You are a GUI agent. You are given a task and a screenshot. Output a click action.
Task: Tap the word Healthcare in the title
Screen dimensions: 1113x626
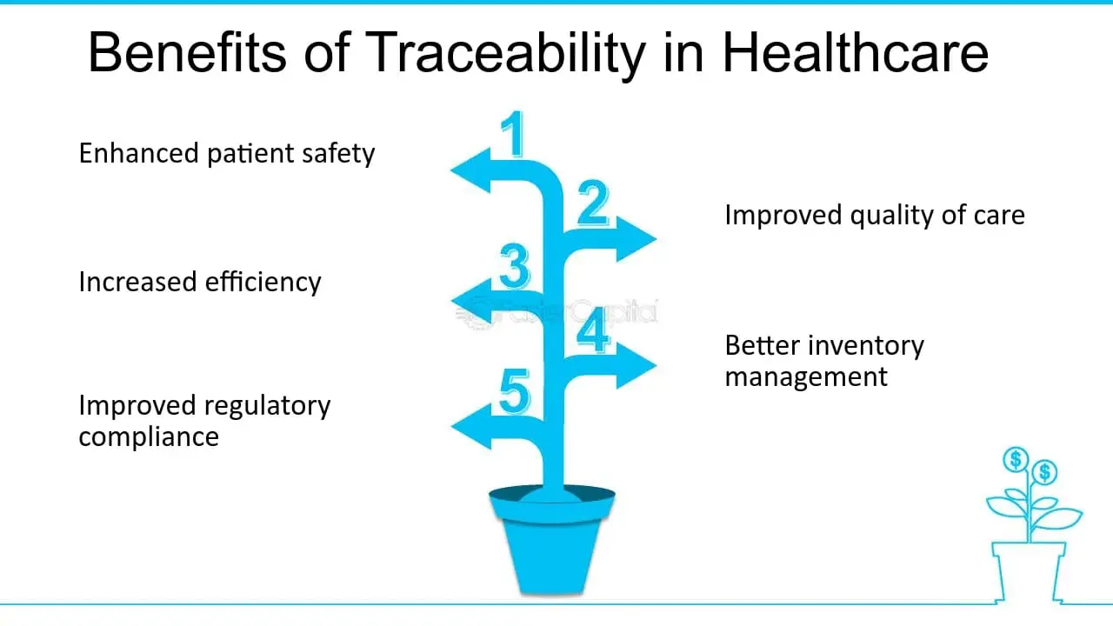pyautogui.click(x=855, y=52)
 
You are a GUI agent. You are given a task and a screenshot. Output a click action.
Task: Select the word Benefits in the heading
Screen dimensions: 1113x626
pyautogui.click(x=187, y=52)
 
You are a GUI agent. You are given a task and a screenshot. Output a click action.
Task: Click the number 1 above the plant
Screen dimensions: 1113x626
pyautogui.click(x=513, y=133)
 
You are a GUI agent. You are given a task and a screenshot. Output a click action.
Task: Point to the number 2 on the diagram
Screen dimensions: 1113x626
pyautogui.click(x=593, y=203)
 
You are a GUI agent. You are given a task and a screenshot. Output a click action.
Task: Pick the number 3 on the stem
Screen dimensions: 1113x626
pyautogui.click(x=514, y=266)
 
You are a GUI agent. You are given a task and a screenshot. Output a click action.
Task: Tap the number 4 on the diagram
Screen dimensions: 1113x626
pyautogui.click(x=593, y=329)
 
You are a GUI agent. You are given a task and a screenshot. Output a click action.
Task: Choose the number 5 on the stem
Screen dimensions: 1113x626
pyautogui.click(x=514, y=391)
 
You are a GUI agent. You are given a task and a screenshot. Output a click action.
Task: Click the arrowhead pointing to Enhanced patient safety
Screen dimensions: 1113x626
pyautogui.click(x=470, y=170)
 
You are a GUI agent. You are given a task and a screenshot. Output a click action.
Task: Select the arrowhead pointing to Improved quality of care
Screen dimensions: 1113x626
pyautogui.click(x=636, y=239)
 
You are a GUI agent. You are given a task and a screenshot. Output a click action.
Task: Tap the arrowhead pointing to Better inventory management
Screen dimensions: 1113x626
pyautogui.click(x=636, y=365)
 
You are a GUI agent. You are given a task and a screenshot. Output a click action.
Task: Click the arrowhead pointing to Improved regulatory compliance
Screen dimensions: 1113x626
pyautogui.click(x=471, y=426)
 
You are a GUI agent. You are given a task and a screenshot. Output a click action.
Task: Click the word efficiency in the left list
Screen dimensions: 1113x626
pyautogui.click(x=263, y=283)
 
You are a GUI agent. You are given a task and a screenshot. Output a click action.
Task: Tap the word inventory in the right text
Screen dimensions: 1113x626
pyautogui.click(x=867, y=345)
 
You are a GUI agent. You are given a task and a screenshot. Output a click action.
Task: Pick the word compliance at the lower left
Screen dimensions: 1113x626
pyautogui.click(x=149, y=437)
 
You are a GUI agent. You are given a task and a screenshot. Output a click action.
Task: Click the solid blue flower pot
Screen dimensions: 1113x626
pyautogui.click(x=552, y=540)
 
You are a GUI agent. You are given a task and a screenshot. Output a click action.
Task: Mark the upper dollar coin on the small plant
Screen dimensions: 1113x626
pyautogui.click(x=1016, y=460)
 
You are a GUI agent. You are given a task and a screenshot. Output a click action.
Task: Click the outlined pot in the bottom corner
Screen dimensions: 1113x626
pyautogui.click(x=1029, y=572)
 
